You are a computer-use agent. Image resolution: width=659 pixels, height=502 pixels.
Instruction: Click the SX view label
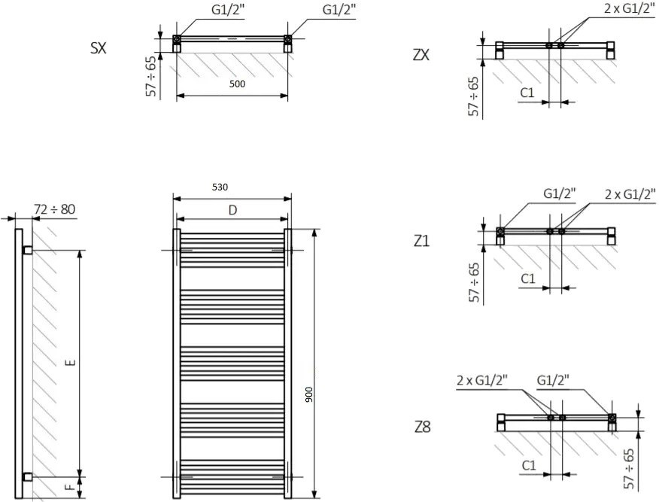(x=99, y=48)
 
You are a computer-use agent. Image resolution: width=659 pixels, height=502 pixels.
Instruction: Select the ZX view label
(x=421, y=55)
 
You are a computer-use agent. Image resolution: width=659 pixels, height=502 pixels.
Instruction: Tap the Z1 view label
(x=421, y=242)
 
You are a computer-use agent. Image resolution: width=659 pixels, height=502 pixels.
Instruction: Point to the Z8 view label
(x=422, y=427)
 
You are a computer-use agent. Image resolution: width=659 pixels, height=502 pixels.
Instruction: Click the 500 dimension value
(x=237, y=84)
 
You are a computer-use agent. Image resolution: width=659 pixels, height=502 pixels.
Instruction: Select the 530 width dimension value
(x=220, y=187)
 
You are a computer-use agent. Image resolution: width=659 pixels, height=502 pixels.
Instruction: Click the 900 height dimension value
(x=309, y=394)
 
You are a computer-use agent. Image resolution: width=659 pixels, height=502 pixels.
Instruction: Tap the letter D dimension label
(x=233, y=210)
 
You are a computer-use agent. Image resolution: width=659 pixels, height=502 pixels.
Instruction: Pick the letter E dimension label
(x=72, y=362)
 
